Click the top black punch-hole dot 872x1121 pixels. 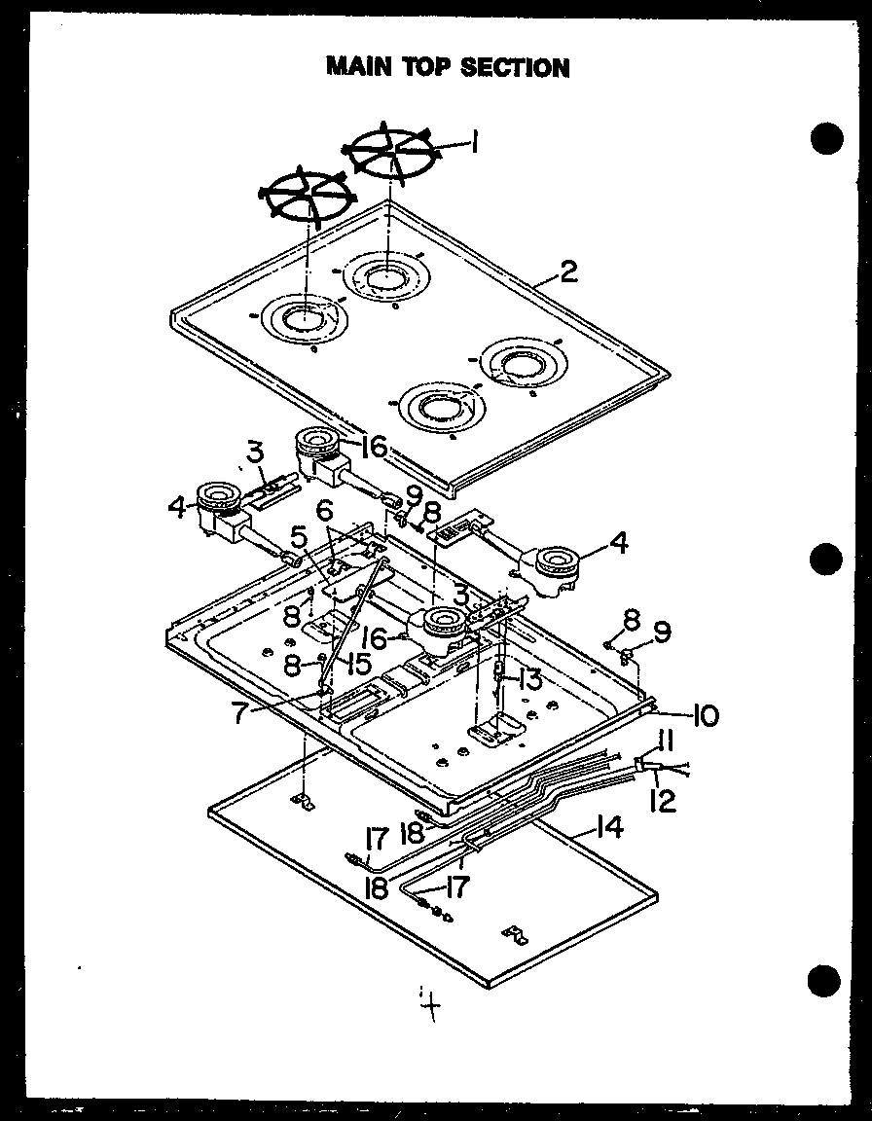click(825, 139)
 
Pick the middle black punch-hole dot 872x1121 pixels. click(825, 560)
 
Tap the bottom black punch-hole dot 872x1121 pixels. click(825, 979)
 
